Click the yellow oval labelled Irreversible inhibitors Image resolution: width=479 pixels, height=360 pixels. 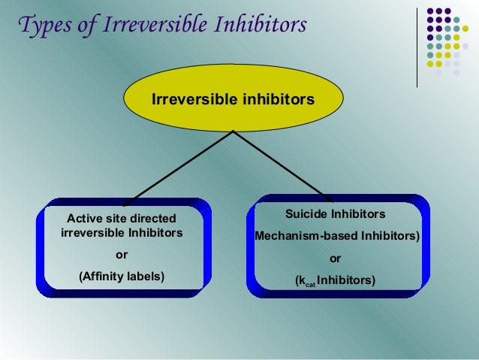pyautogui.click(x=233, y=99)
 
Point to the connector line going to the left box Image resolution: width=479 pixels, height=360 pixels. pyautogui.click(x=180, y=167)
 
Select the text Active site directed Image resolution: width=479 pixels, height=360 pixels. pyautogui.click(x=122, y=218)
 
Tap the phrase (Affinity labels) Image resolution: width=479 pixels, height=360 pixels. pyautogui.click(x=122, y=276)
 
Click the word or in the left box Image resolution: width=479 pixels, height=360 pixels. pyautogui.click(x=121, y=254)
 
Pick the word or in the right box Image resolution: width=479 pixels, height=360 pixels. pyautogui.click(x=336, y=259)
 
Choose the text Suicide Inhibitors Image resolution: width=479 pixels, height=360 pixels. pyautogui.click(x=336, y=214)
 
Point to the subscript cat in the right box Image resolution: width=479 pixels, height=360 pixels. pyautogui.click(x=309, y=283)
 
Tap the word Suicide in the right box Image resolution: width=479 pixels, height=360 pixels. pyautogui.click(x=306, y=214)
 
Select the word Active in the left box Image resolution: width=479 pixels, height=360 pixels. pyautogui.click(x=84, y=218)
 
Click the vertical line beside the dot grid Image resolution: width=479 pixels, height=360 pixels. pyautogui.click(x=417, y=45)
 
